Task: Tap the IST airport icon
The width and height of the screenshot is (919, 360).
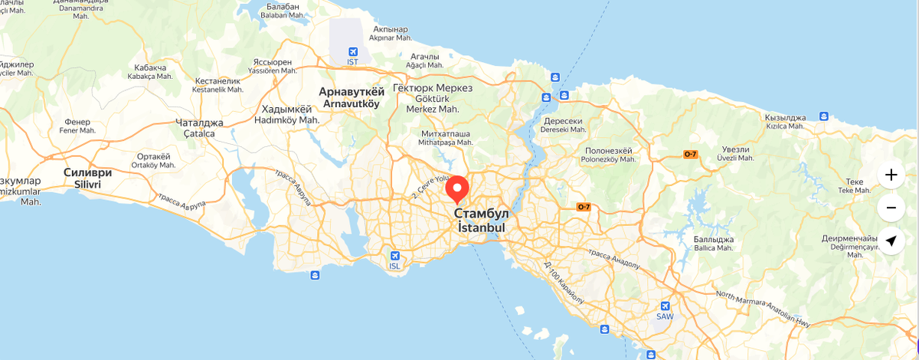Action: (352, 51)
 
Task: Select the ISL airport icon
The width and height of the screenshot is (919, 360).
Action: (394, 257)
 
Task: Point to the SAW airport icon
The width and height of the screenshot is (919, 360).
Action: (665, 306)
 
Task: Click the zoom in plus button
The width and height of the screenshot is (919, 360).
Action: (891, 175)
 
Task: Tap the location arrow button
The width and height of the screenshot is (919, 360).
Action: (891, 241)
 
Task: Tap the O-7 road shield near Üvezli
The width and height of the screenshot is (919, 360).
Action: (690, 155)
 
